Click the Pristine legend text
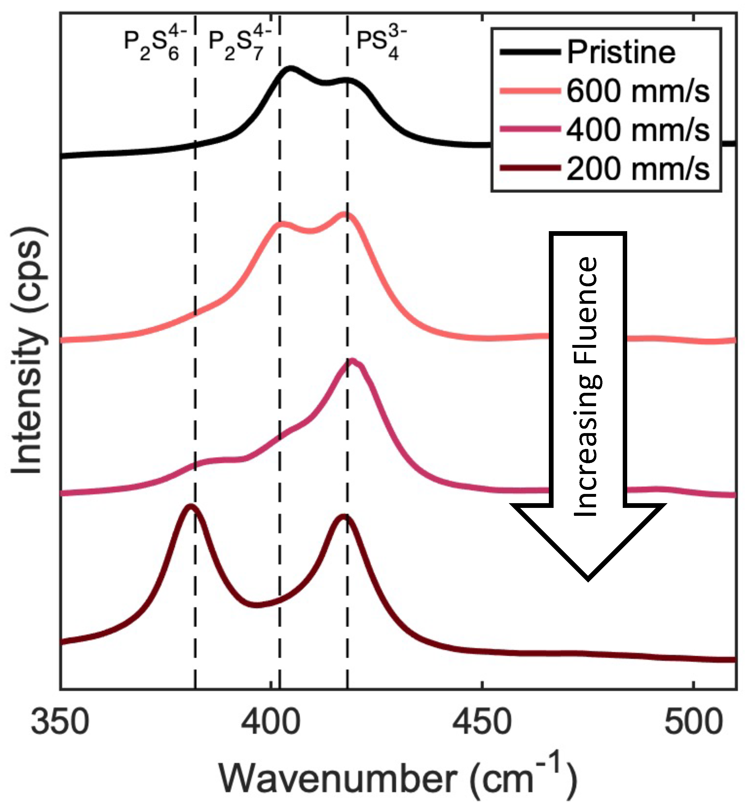[x=621, y=52]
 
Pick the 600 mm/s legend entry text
[x=638, y=91]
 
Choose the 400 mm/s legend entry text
[x=638, y=130]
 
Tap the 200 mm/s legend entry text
[x=638, y=169]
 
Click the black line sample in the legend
[x=530, y=52]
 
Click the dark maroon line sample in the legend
[x=530, y=168]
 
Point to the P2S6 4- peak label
[x=155, y=45]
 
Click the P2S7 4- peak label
[x=240, y=45]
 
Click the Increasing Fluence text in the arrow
[x=586, y=387]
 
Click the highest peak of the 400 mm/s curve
[x=352, y=361]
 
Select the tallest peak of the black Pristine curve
[x=291, y=68]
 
